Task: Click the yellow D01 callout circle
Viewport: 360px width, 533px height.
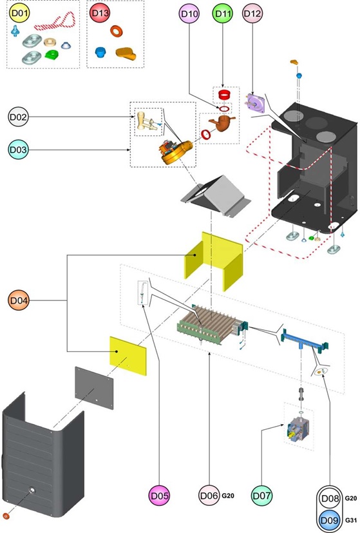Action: point(20,14)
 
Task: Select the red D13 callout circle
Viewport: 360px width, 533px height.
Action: point(100,14)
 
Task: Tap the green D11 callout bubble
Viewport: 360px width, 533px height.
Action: point(222,14)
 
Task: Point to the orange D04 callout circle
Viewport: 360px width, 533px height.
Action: point(18,300)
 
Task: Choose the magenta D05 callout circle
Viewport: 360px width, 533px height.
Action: point(159,496)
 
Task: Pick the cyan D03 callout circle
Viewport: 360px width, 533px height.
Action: point(18,150)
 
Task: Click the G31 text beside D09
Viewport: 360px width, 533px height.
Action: point(351,520)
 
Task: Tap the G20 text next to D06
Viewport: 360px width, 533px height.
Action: point(228,496)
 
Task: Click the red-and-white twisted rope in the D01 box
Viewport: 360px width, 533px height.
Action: point(55,22)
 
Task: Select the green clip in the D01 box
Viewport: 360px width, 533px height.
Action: point(52,54)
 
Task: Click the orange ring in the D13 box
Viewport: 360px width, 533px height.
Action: point(116,32)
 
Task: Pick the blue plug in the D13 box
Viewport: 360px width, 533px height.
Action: point(100,52)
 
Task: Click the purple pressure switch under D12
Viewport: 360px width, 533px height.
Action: point(256,103)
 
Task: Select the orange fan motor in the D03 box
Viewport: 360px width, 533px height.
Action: point(176,152)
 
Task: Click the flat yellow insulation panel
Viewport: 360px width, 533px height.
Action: point(128,356)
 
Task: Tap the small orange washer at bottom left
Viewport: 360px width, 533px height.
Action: point(6,516)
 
